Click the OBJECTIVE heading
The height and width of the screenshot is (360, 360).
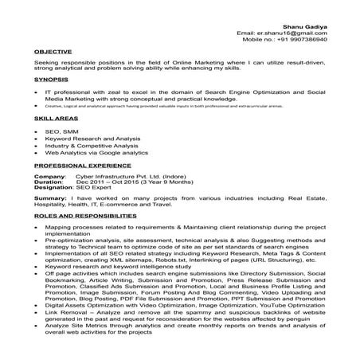click(53, 51)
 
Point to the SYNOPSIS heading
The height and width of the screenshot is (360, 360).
click(51, 80)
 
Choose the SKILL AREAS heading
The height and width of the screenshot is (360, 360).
click(55, 118)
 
